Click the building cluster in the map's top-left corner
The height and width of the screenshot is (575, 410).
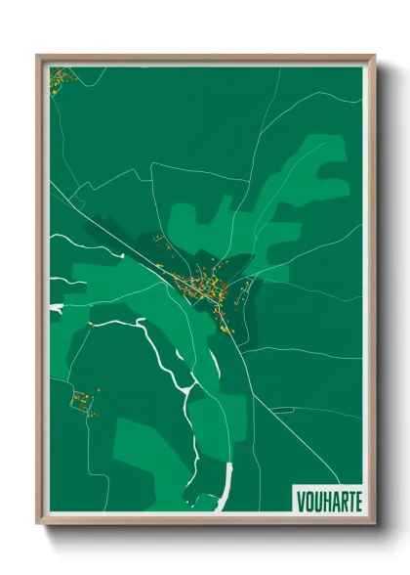point(61,77)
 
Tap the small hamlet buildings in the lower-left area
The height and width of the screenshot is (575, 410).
point(84,401)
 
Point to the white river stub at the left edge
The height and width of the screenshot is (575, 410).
point(57,308)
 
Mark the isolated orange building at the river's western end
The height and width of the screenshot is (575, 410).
point(90,323)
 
